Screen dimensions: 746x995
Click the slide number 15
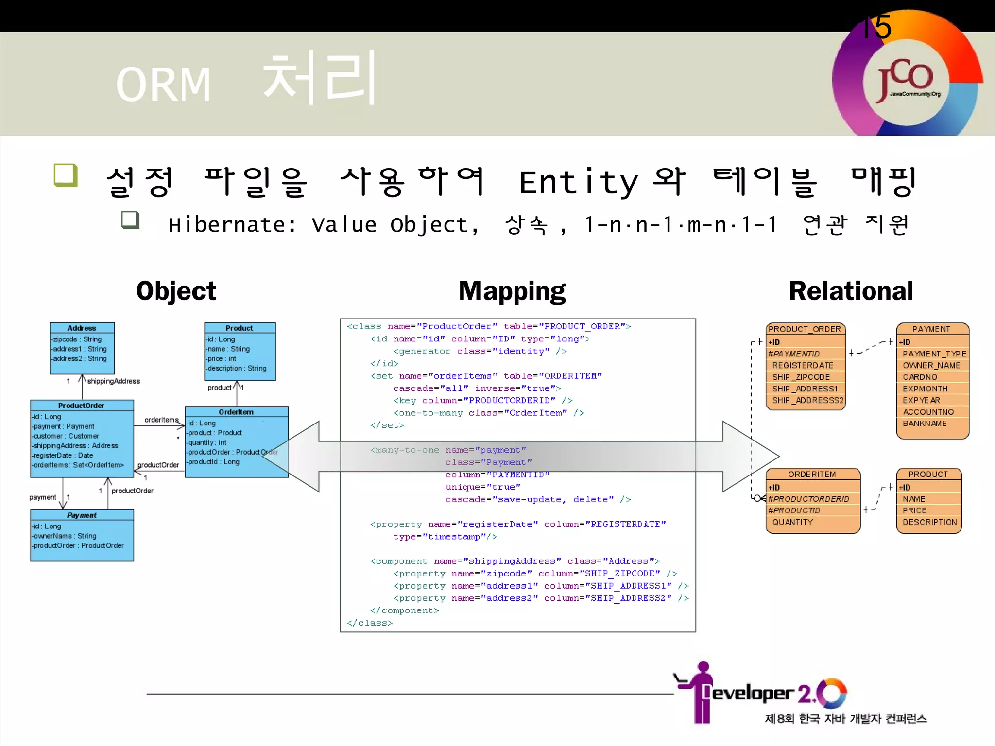[877, 27]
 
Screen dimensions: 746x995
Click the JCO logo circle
[908, 80]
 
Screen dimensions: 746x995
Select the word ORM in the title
[163, 85]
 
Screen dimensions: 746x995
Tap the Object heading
[176, 291]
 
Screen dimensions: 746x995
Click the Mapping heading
[512, 291]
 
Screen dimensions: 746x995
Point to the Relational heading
[851, 291]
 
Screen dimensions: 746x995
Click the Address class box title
[82, 328]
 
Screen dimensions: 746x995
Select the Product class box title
[239, 328]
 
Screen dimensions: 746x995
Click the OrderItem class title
[236, 412]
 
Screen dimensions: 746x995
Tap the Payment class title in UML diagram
[82, 515]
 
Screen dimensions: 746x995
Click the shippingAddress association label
[114, 381]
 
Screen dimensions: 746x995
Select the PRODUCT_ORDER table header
[805, 329]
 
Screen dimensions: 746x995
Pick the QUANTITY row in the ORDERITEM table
[792, 522]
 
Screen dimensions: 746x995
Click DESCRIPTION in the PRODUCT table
[929, 522]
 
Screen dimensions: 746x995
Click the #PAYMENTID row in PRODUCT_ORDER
[794, 354]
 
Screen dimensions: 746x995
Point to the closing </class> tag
[369, 623]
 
